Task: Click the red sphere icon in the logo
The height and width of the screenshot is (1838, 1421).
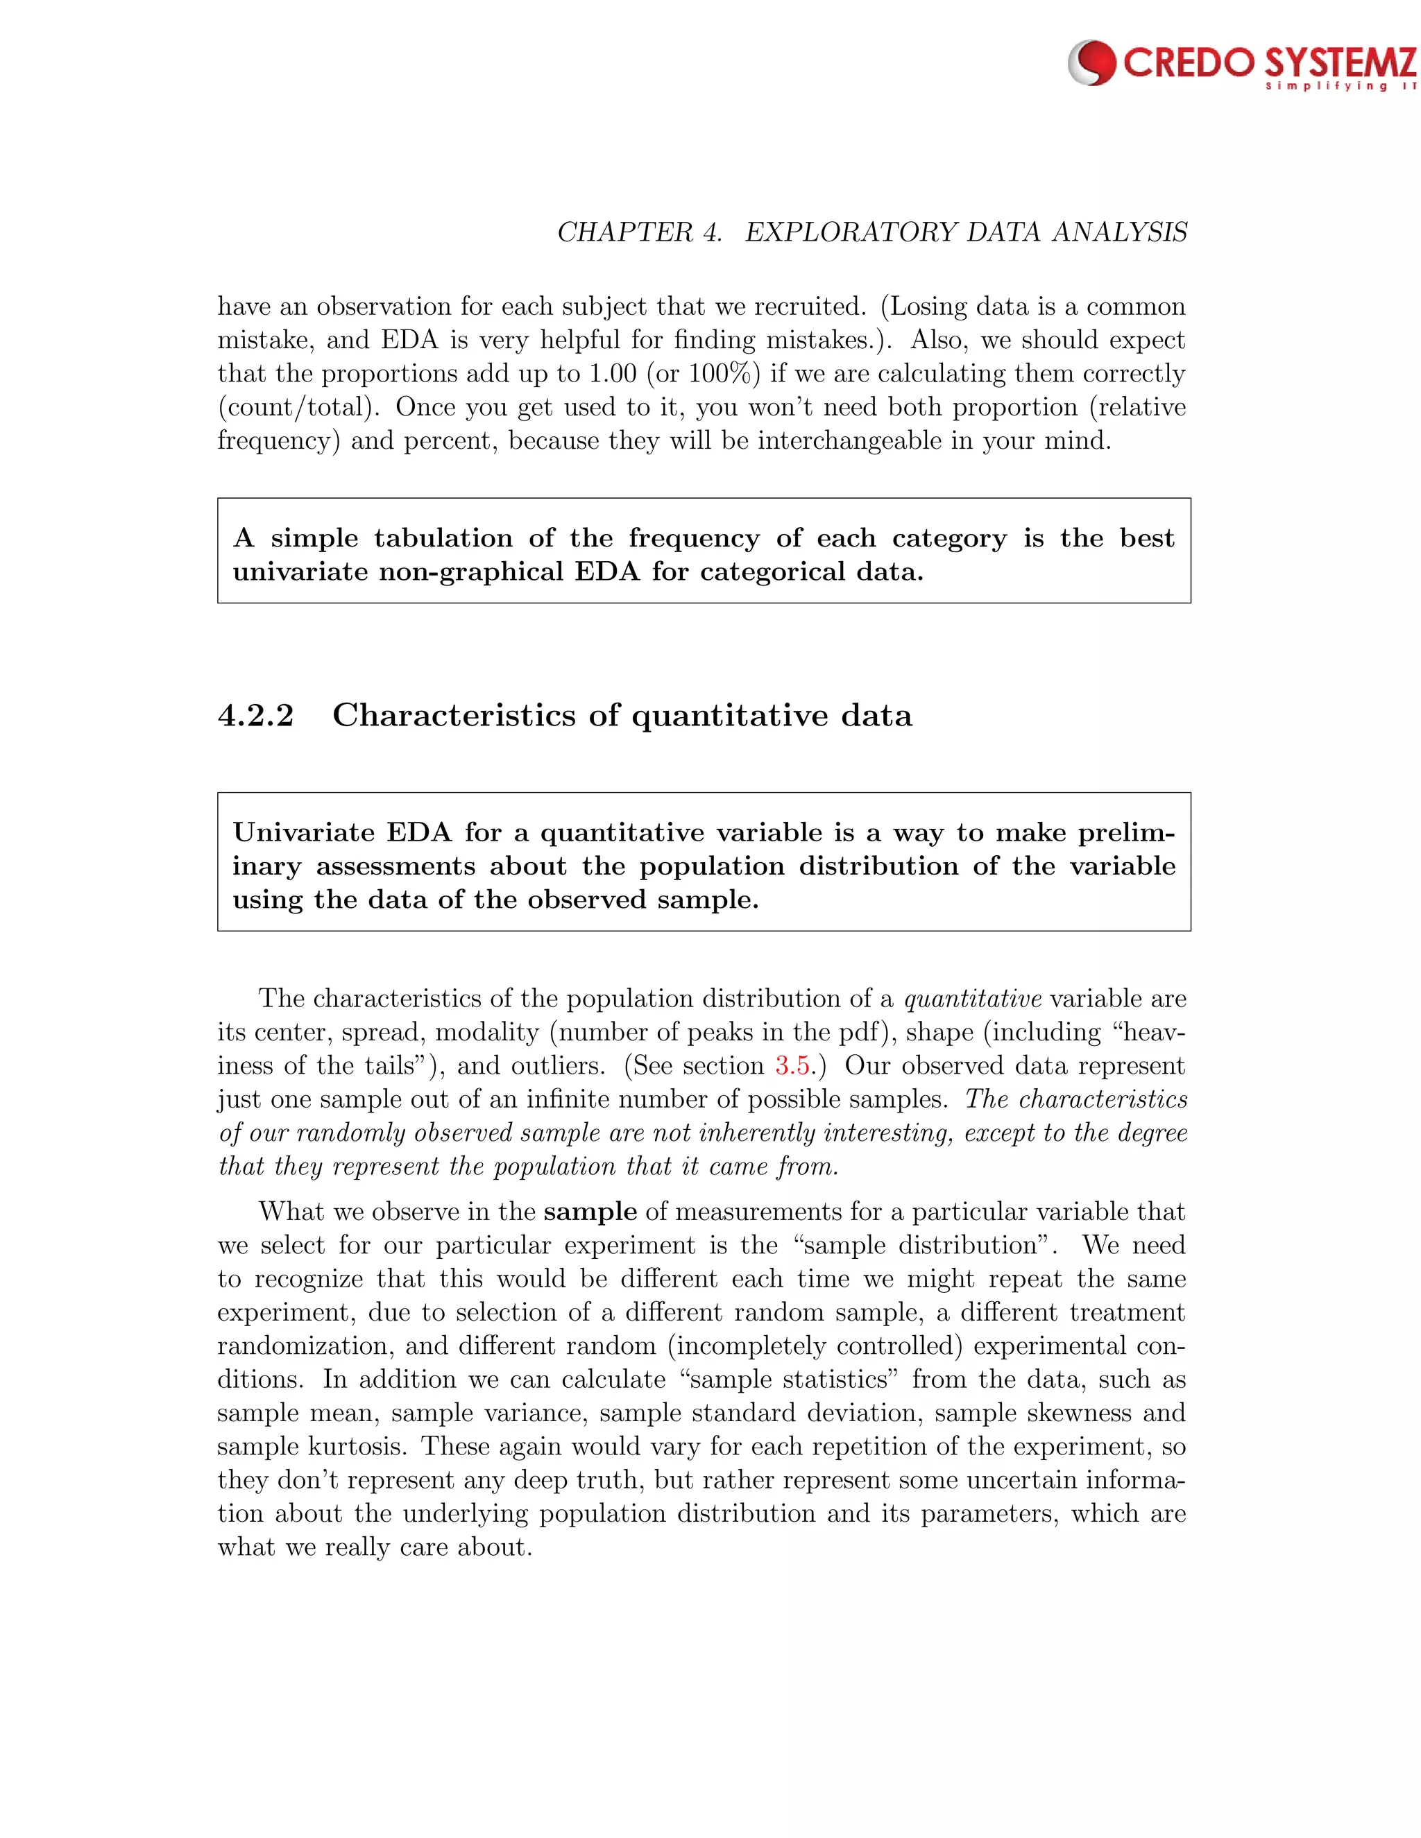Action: pyautogui.click(x=1092, y=63)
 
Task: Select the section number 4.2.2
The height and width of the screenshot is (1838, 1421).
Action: pyautogui.click(x=256, y=715)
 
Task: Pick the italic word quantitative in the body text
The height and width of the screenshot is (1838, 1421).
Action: pyautogui.click(x=972, y=999)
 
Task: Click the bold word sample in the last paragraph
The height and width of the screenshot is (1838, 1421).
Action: pyautogui.click(x=590, y=1212)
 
